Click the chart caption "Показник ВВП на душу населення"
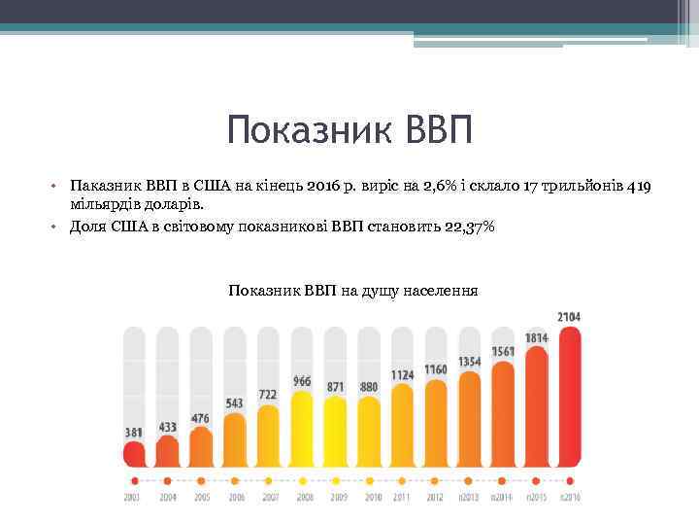pos(352,290)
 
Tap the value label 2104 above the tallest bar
pos(570,316)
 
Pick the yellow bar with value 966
pos(302,429)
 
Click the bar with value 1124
pos(403,423)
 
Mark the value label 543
pos(235,402)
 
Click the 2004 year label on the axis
pos(168,497)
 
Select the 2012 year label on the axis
pos(436,497)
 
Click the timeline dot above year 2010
pos(369,481)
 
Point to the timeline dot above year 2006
pos(235,481)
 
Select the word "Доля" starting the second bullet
pos(88,226)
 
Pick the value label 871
pos(335,386)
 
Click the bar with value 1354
pos(470,419)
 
